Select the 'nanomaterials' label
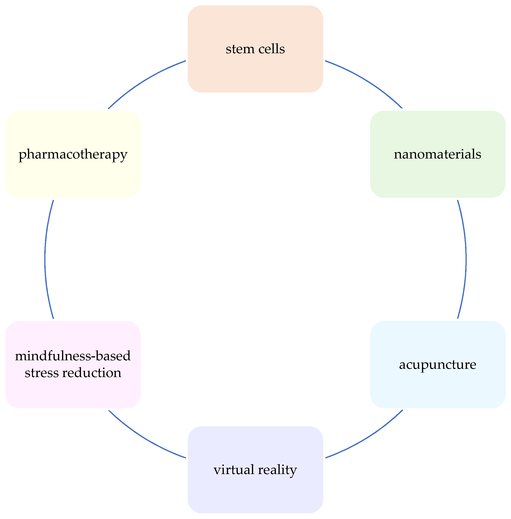pyautogui.click(x=437, y=154)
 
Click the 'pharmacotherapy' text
pyautogui.click(x=73, y=155)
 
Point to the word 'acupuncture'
pyautogui.click(x=437, y=365)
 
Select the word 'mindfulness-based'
pyautogui.click(x=73, y=356)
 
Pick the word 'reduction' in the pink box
pyautogui.click(x=91, y=373)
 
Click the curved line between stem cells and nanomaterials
pyautogui.click(x=368, y=82)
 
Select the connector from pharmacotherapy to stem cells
pyautogui.click(x=143, y=82)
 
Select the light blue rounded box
pyautogui.click(x=437, y=389)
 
